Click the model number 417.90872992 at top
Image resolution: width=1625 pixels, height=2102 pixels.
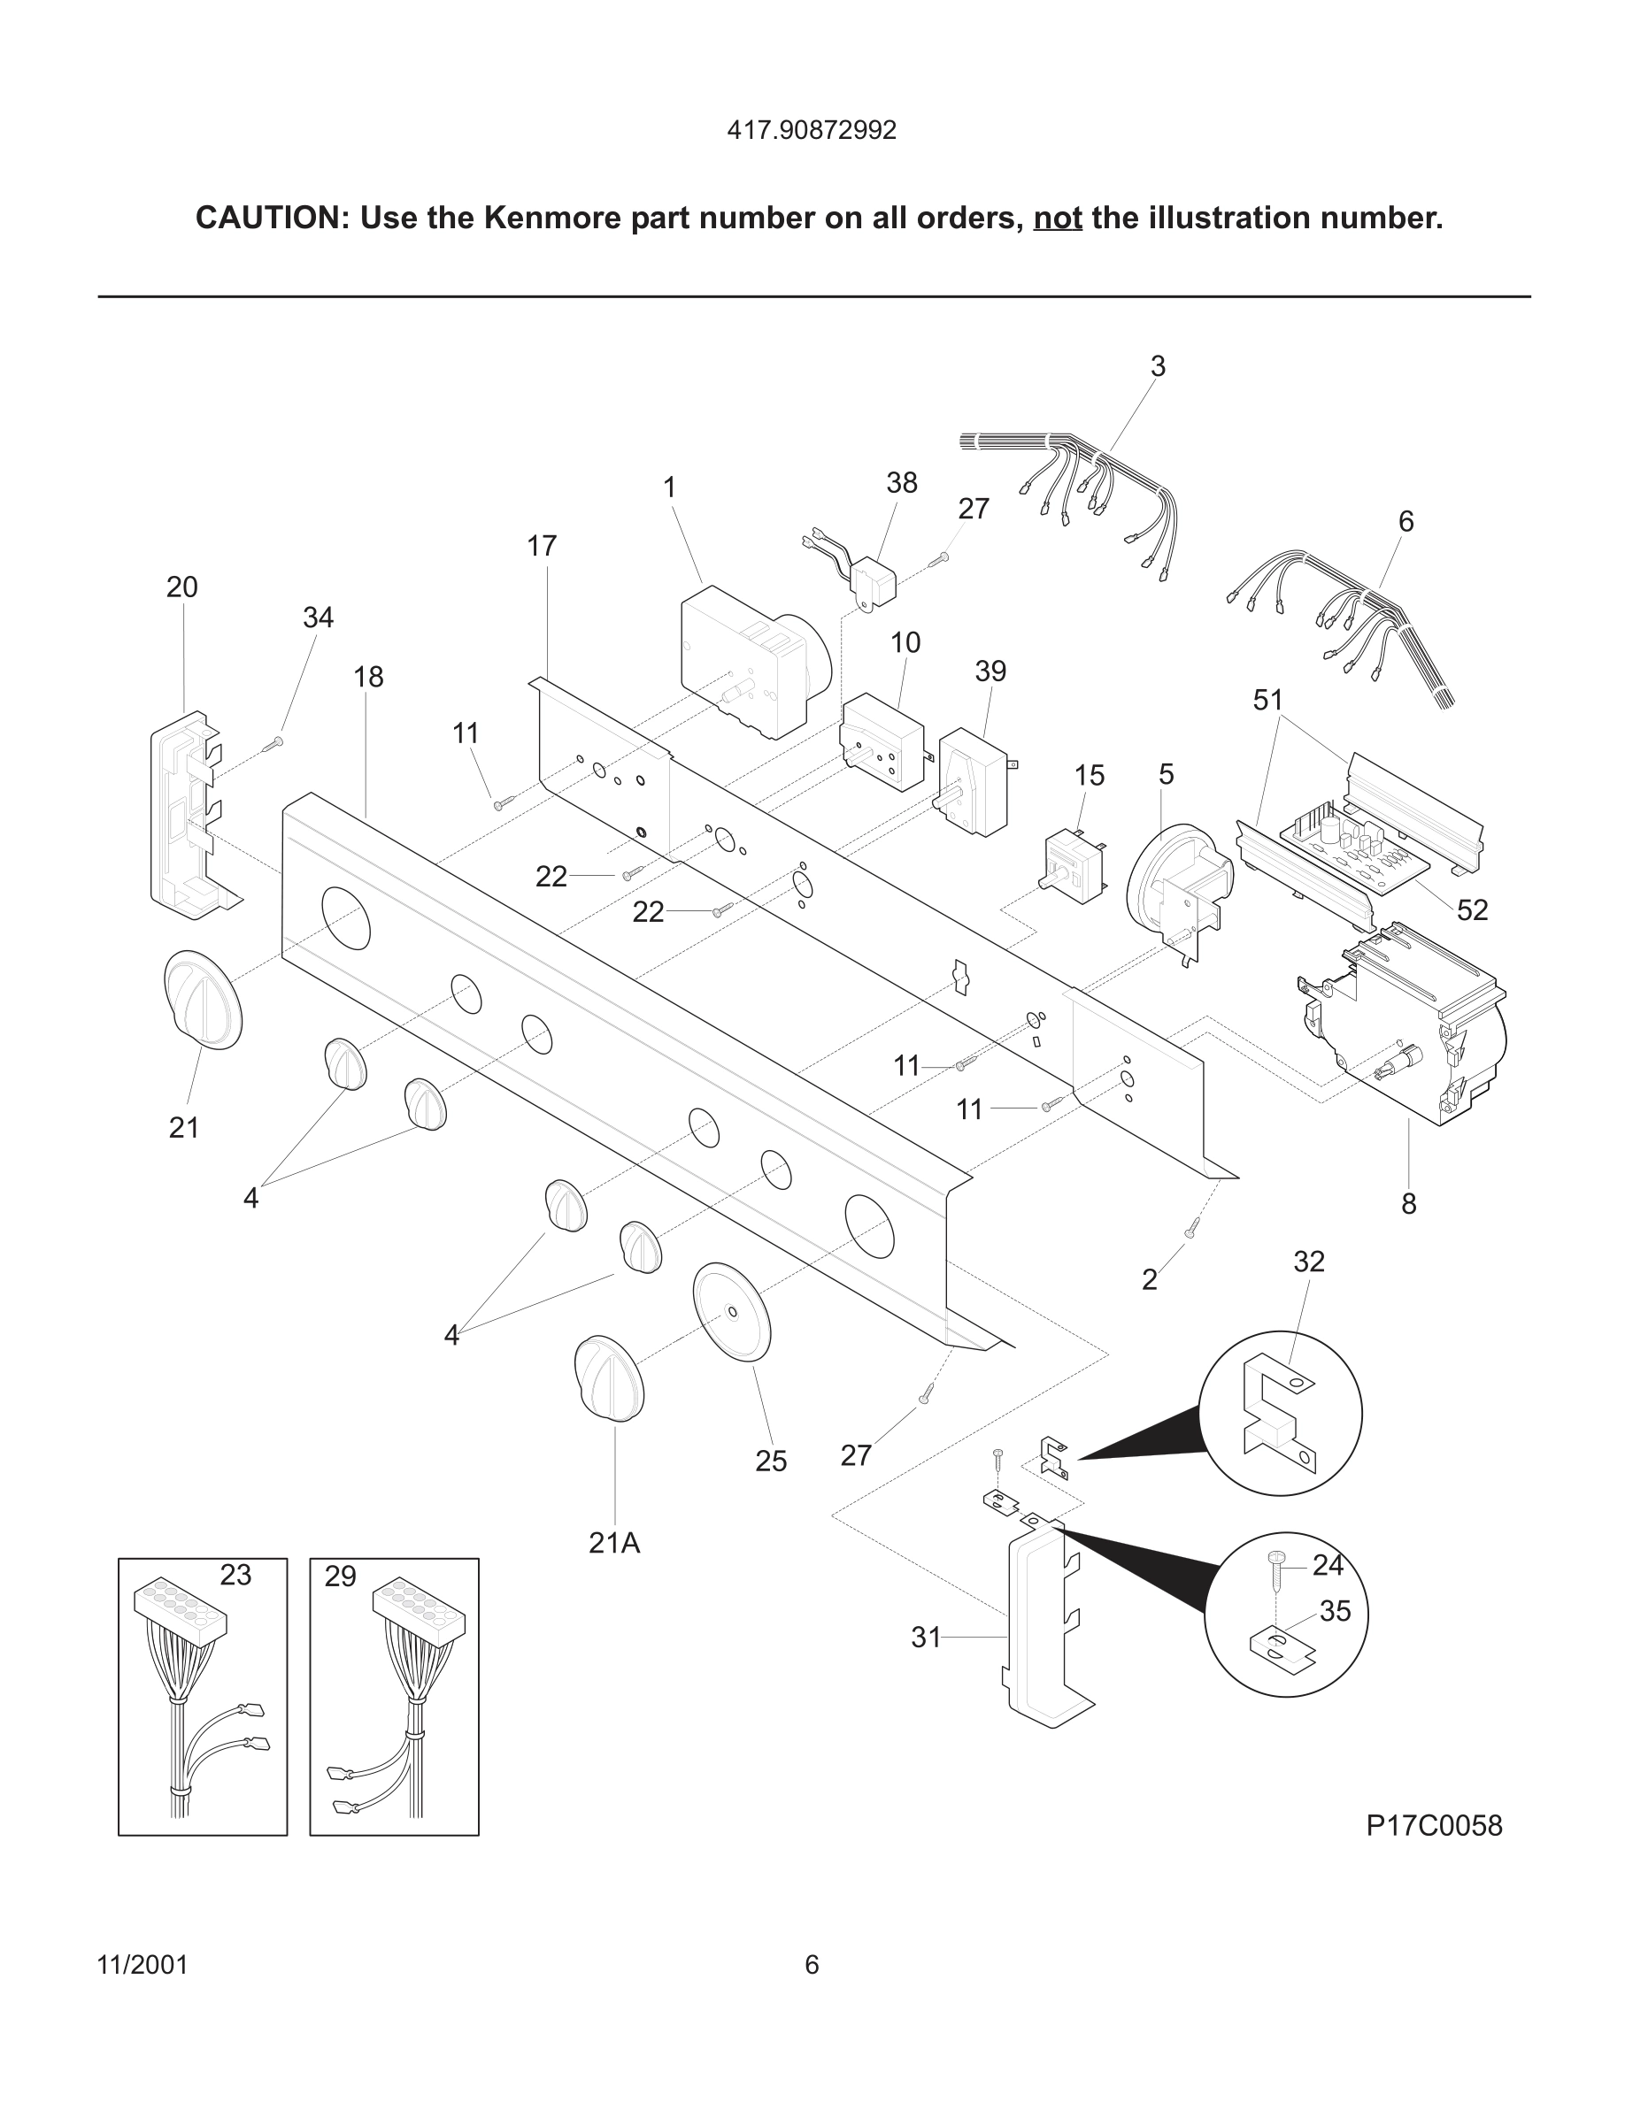[x=812, y=130]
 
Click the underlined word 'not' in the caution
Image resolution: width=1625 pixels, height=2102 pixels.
[x=1057, y=219]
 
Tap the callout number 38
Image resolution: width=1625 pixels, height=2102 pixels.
[x=901, y=483]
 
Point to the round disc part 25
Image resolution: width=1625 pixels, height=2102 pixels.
[x=733, y=1311]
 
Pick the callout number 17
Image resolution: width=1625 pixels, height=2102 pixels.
[x=542, y=547]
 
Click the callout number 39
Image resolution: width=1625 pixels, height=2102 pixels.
[x=990, y=671]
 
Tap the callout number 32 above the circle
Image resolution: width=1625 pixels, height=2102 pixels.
[x=1308, y=1262]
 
